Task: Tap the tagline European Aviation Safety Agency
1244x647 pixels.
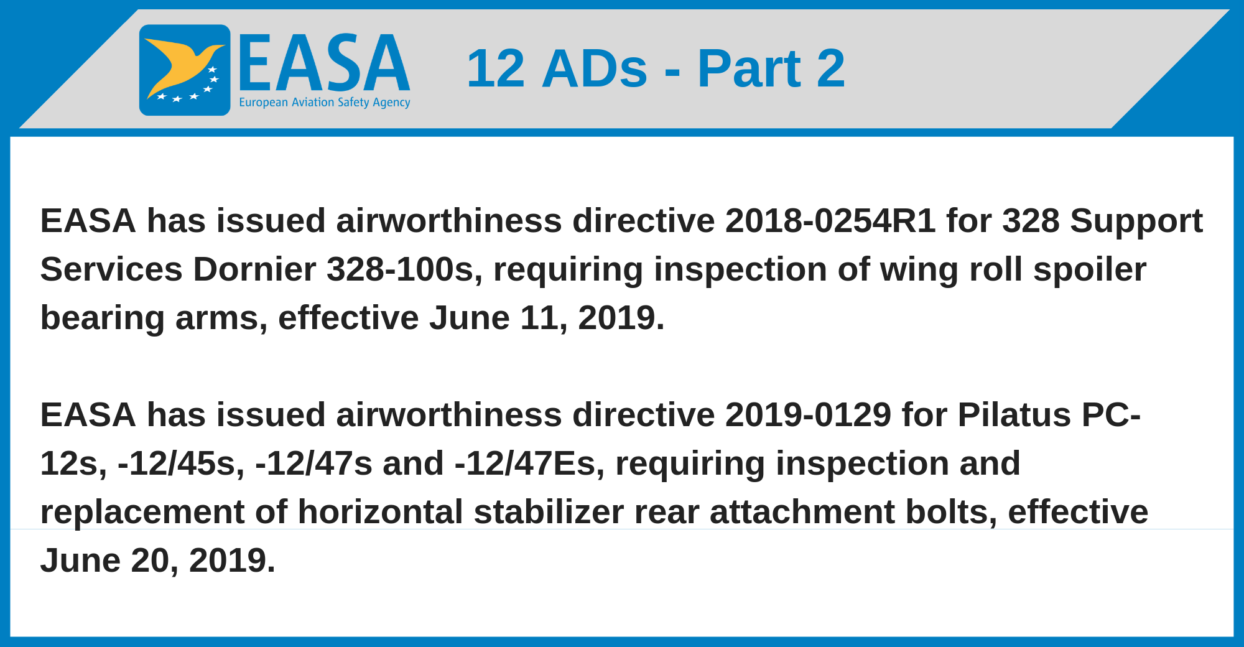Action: [325, 102]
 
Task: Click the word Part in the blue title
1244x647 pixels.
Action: [749, 68]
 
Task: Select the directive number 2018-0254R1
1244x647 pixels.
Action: [830, 221]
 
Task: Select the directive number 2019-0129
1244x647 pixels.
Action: [808, 415]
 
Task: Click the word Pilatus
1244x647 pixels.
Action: [1014, 415]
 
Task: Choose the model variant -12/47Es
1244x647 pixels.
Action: [529, 464]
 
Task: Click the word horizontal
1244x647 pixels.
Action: [381, 512]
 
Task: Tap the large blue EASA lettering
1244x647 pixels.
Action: [324, 63]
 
